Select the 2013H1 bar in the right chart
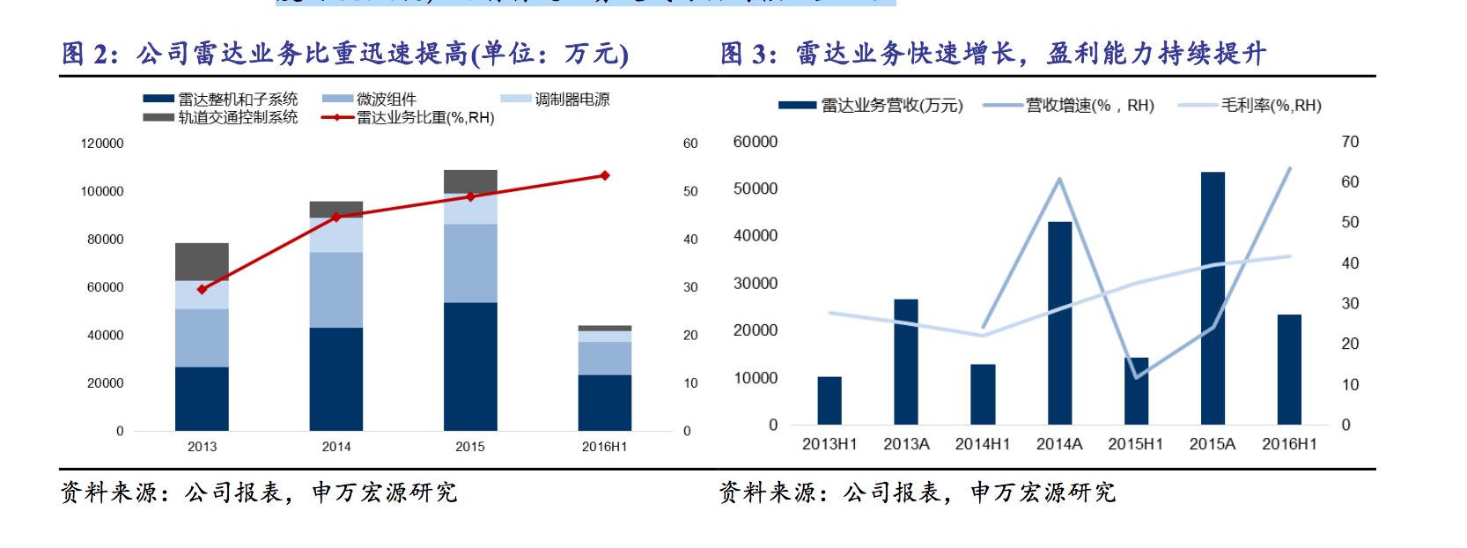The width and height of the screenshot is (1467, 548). tap(829, 401)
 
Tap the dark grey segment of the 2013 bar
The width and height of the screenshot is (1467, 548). tap(202, 262)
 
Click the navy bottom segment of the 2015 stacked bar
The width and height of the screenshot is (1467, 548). tap(470, 367)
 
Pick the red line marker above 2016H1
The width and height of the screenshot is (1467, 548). tap(604, 175)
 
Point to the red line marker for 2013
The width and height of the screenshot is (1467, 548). tap(202, 289)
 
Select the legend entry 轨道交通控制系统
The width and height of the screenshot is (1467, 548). tap(238, 117)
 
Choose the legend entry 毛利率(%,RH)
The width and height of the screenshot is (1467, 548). tap(1270, 106)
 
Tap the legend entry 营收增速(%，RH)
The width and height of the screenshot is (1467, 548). tap(1089, 106)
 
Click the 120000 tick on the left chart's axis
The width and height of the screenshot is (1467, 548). tap(103, 144)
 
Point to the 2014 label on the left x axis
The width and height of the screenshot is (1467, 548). tap(335, 447)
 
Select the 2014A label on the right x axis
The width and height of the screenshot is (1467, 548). tap(1059, 444)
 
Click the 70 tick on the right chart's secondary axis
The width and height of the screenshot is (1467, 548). tap(1350, 142)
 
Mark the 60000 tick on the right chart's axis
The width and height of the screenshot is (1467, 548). tap(756, 142)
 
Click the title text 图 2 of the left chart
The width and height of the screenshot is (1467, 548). tap(88, 55)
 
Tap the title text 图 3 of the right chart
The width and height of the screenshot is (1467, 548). tap(748, 55)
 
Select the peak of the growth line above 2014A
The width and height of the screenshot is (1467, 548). tap(1059, 179)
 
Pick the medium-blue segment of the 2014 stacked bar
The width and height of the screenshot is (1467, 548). tap(335, 290)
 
